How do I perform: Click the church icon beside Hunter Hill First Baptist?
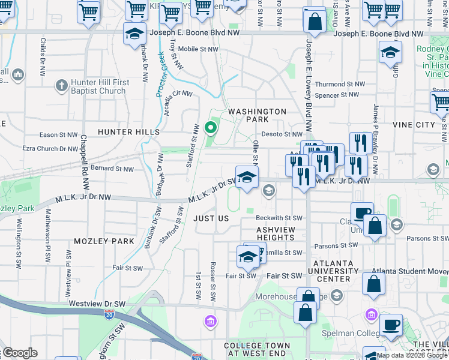(61, 85)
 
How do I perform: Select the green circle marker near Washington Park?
(210, 127)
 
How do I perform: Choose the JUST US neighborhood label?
(211, 218)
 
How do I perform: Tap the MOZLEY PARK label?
(104, 241)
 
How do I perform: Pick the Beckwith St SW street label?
(279, 218)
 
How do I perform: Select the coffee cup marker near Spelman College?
(391, 325)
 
